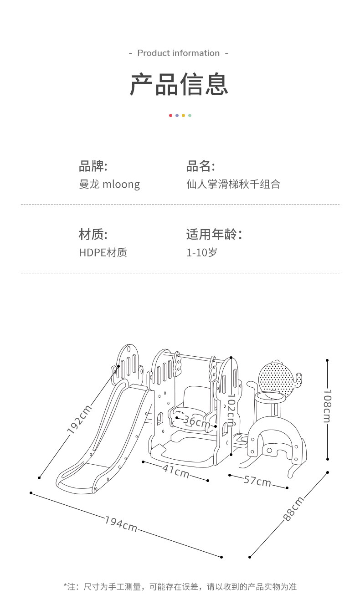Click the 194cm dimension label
(x=121, y=524)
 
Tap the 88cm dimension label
(x=293, y=508)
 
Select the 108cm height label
(x=327, y=406)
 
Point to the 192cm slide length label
(x=79, y=420)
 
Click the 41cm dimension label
(x=176, y=472)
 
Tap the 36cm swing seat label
(x=196, y=421)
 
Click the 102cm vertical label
(x=231, y=410)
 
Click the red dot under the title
(x=170, y=115)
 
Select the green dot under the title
(x=190, y=115)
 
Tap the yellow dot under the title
(x=183, y=115)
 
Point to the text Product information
(x=179, y=53)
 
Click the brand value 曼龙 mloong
(x=109, y=185)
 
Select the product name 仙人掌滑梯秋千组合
(x=233, y=184)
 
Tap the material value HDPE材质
(x=103, y=252)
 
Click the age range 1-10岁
(x=202, y=252)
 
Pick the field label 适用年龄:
(x=214, y=234)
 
